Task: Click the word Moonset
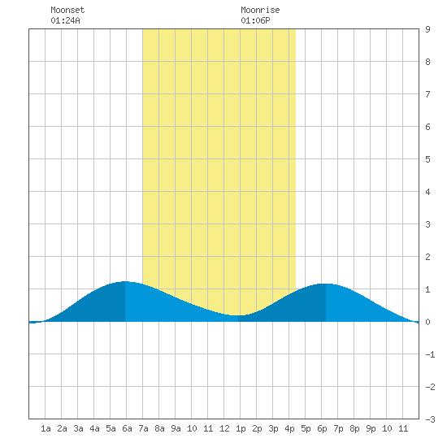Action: coord(67,10)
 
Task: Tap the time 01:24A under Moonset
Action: coord(65,20)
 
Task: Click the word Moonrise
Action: coord(260,10)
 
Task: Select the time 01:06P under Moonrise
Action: coord(255,20)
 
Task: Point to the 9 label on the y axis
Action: coord(427,29)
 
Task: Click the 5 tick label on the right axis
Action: coord(427,159)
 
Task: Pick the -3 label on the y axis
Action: coord(430,419)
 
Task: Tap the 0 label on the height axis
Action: coord(427,322)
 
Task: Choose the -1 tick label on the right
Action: coord(430,354)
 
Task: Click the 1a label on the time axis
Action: coord(46,428)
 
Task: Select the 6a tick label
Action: coord(127,428)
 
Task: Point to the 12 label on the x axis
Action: coord(224,428)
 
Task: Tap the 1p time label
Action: coord(241,428)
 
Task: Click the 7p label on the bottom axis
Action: coord(338,428)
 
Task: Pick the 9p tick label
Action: coord(371,428)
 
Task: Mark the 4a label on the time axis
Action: coord(94,428)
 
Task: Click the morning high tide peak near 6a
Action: coord(125,281)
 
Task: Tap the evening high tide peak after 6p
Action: coord(326,284)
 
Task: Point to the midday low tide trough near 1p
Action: coord(238,315)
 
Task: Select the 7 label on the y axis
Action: coord(427,94)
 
